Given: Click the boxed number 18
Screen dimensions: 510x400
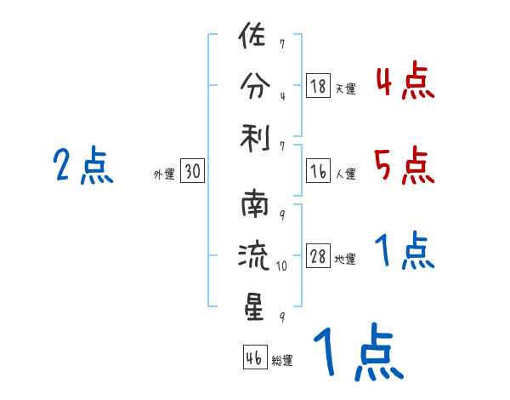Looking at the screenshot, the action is click(x=318, y=85).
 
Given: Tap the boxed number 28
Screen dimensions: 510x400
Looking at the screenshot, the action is click(x=318, y=256).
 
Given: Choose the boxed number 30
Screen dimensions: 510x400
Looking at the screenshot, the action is click(x=192, y=172).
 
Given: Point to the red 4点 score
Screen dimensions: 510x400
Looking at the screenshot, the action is click(x=404, y=82).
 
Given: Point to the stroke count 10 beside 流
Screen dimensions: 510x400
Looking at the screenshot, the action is click(x=282, y=266).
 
